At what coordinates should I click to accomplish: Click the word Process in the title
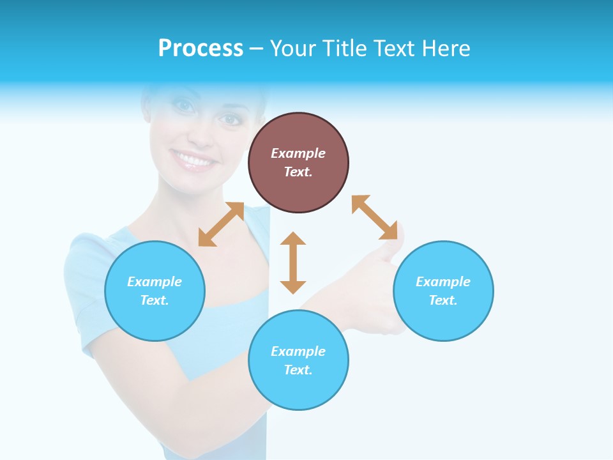(201, 49)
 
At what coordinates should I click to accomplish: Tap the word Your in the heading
(293, 49)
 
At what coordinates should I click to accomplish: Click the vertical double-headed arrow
(293, 263)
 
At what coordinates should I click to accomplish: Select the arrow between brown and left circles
(221, 224)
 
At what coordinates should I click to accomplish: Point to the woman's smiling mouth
(192, 160)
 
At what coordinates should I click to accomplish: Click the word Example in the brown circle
(298, 153)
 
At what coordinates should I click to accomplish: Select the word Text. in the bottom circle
(298, 370)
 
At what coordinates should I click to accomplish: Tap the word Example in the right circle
(443, 282)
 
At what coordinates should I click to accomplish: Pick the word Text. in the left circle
(155, 300)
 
